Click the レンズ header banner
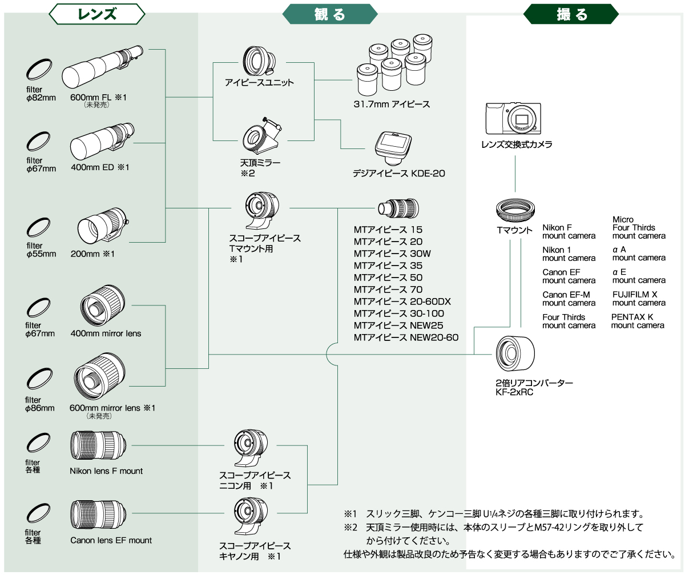pos(97,14)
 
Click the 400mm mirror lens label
pos(106,333)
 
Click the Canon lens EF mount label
pos(111,540)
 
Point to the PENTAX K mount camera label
pos(638,321)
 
